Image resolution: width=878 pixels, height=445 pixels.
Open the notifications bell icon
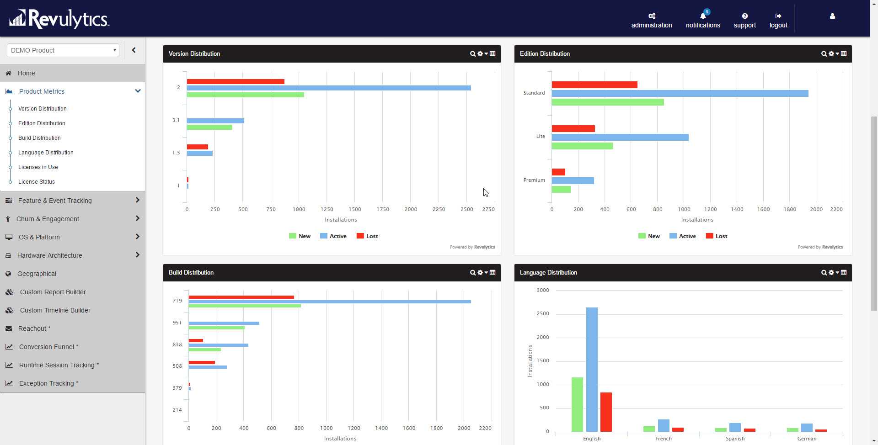(703, 16)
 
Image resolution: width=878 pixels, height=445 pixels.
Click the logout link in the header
(778, 21)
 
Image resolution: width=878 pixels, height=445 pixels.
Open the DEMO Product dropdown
(63, 50)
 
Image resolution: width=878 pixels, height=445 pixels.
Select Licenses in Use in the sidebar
(38, 167)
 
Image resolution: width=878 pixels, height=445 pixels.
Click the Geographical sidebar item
(37, 274)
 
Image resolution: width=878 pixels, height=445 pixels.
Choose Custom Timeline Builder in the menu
(55, 310)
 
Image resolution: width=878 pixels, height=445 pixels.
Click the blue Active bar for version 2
(328, 88)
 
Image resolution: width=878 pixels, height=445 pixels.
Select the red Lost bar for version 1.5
(197, 147)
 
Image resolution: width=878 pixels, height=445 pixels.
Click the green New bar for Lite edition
(582, 146)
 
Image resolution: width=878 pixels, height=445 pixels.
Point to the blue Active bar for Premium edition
(573, 181)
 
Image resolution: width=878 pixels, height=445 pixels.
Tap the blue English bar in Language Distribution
(592, 369)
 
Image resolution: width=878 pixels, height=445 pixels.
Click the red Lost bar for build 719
(241, 297)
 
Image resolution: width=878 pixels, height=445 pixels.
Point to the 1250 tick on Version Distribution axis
(327, 209)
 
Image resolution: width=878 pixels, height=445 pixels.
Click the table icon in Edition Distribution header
(844, 54)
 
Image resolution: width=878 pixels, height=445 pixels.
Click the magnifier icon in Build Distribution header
(472, 273)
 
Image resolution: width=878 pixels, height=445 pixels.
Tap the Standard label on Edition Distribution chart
(534, 93)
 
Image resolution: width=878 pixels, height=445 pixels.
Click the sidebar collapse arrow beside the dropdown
(134, 50)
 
